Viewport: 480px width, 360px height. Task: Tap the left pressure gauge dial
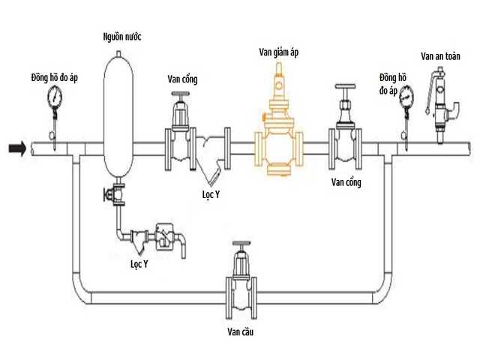[55, 96]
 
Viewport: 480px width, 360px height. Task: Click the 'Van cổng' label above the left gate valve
[184, 79]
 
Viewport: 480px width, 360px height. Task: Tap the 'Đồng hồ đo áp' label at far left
[55, 76]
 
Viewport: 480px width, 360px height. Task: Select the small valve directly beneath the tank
[117, 196]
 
